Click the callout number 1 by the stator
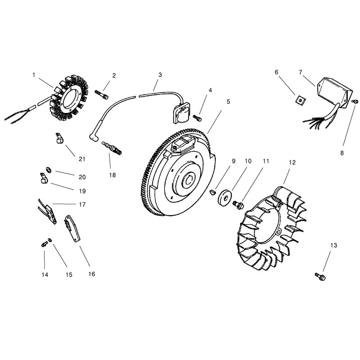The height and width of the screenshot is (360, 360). click(34, 75)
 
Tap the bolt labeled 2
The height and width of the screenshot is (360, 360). click(102, 94)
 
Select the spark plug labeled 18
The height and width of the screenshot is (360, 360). click(111, 147)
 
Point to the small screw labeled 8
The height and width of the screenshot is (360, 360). click(355, 101)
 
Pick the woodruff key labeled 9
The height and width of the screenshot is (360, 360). click(213, 192)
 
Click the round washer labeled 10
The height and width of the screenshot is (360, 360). click(224, 198)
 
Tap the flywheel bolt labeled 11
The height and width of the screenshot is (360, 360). click(238, 204)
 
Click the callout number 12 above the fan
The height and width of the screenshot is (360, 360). click(292, 162)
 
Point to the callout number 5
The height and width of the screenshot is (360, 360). click(228, 102)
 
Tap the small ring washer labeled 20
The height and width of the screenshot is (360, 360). click(49, 170)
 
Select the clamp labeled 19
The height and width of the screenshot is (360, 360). click(43, 178)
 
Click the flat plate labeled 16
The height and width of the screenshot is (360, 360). click(72, 228)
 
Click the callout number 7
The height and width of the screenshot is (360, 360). click(301, 72)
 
